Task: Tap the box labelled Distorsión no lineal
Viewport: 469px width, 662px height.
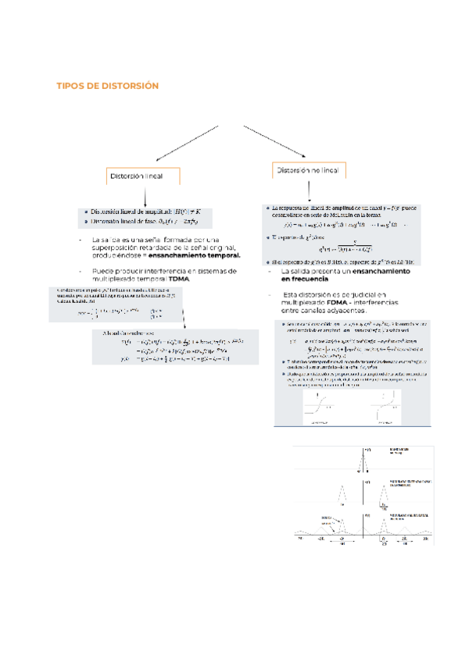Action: click(307, 170)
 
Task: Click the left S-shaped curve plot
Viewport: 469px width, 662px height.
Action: click(319, 407)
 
